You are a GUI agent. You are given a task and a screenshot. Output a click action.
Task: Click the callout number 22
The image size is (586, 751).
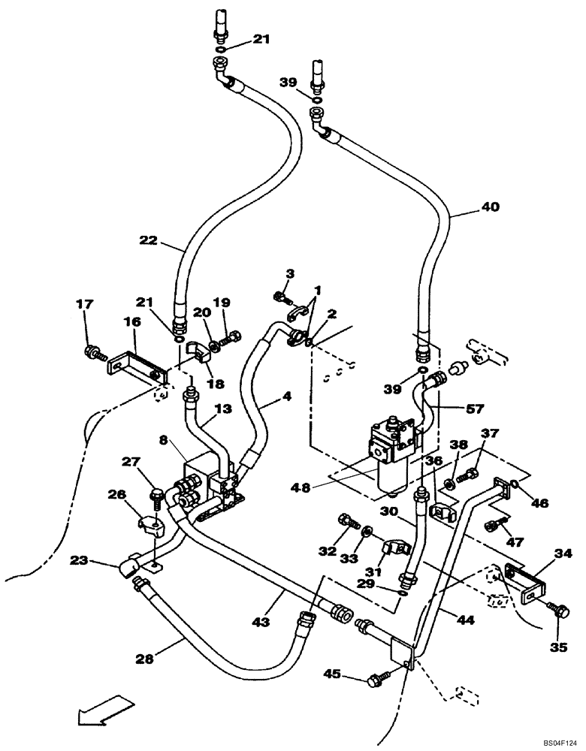147,241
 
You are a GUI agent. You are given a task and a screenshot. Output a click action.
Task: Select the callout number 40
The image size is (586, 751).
489,205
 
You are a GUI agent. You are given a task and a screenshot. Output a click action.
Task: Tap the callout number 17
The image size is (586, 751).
84,304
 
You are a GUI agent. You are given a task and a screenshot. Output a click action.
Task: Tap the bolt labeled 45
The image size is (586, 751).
375,680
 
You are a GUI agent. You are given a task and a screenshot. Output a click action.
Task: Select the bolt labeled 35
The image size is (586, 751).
557,610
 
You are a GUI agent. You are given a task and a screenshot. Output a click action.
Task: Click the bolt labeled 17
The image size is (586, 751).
94,350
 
